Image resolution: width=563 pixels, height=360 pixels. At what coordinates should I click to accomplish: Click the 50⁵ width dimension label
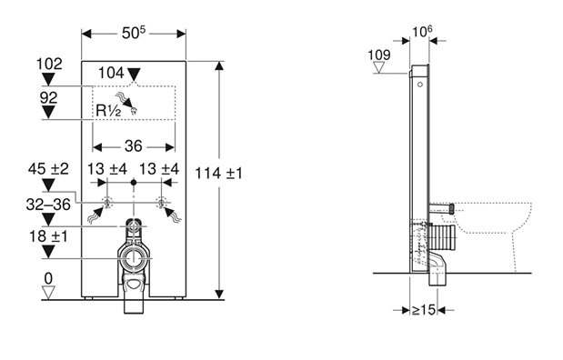134,33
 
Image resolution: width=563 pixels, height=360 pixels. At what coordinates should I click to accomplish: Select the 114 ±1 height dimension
218,174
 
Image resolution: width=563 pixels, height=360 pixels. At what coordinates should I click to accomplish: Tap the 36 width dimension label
134,146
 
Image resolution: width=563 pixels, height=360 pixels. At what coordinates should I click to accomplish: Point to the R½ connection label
108,111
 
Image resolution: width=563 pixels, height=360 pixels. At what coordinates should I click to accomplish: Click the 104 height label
111,73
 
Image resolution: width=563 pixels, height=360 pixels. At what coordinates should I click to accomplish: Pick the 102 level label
49,65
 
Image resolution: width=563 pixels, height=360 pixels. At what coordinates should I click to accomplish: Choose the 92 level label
48,97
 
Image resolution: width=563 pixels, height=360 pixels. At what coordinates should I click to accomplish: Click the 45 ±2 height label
48,169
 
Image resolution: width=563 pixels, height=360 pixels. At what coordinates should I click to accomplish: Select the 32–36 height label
48,205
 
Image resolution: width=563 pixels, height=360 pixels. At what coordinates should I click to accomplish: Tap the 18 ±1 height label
48,236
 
